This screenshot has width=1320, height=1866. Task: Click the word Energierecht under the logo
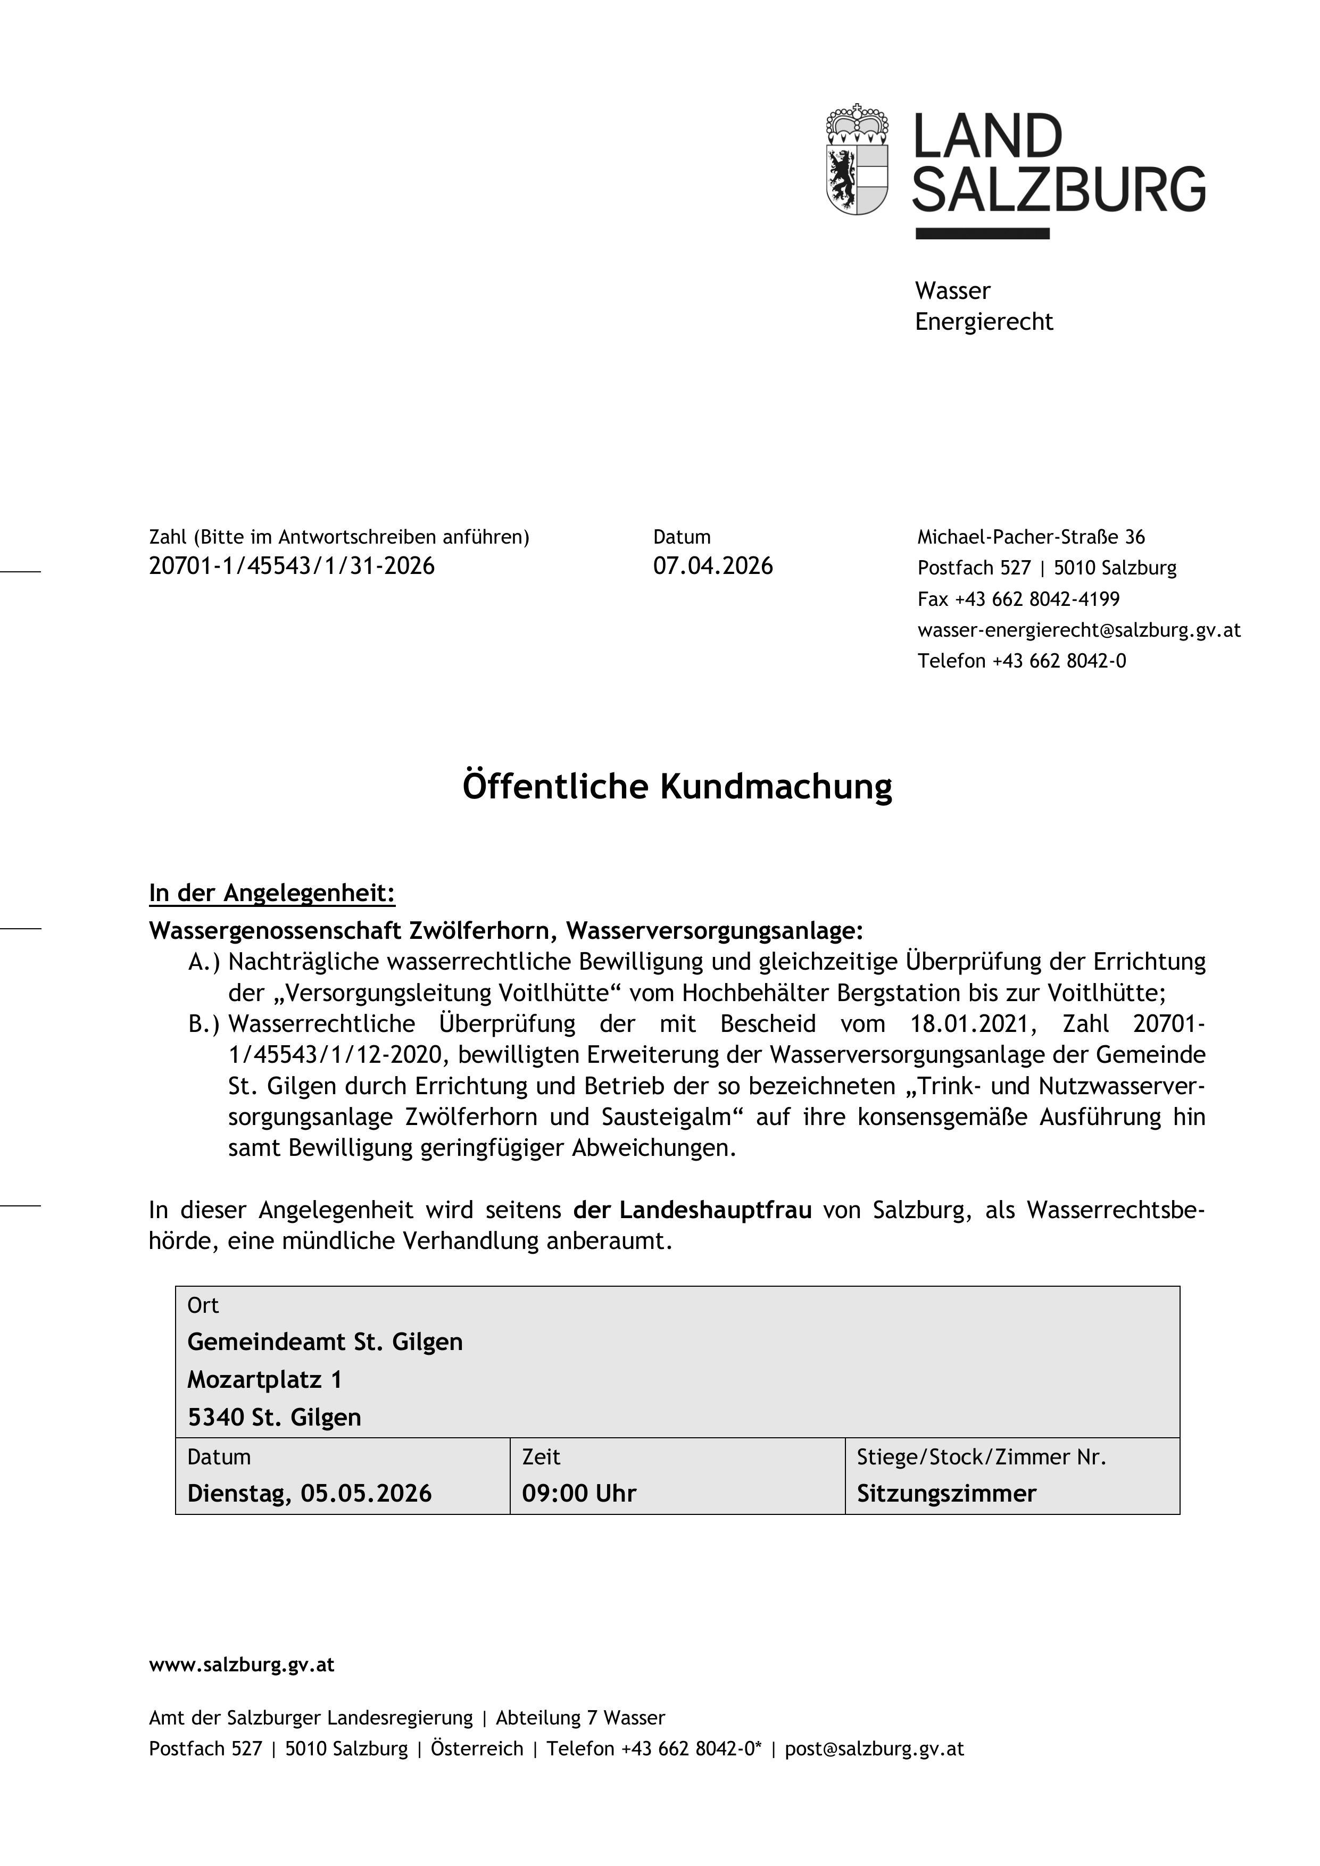[x=984, y=322]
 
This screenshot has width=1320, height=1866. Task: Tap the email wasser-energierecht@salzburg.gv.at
[x=1078, y=630]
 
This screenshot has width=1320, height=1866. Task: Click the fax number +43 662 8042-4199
[x=1036, y=599]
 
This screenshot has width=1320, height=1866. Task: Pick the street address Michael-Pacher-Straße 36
[x=1031, y=537]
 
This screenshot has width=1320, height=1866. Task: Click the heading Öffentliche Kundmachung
[x=677, y=787]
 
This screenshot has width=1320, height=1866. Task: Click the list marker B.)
[x=204, y=1024]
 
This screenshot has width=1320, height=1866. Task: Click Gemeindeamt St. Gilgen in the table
[x=325, y=1342]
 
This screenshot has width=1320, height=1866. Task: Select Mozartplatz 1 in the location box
[x=265, y=1379]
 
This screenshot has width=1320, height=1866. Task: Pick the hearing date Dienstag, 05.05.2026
[x=310, y=1493]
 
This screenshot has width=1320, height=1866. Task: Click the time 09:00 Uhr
[x=579, y=1493]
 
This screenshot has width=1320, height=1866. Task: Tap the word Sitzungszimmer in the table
[x=946, y=1493]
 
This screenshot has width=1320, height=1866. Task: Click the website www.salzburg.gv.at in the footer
[x=242, y=1665]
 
